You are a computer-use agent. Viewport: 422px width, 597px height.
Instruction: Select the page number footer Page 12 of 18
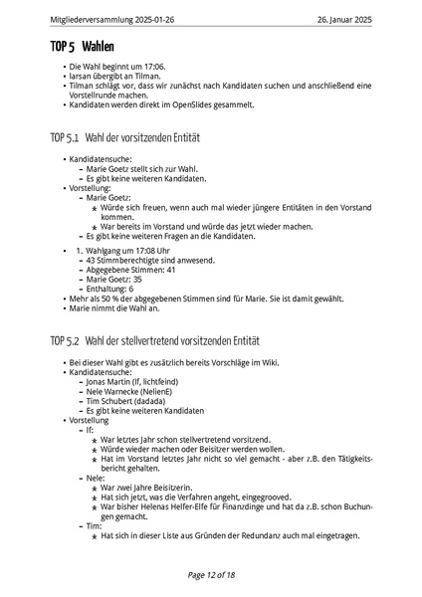[x=211, y=574]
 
